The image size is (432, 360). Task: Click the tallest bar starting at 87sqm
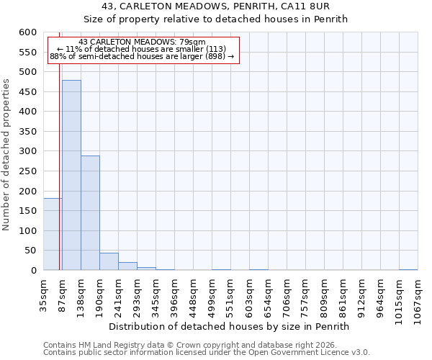pos(71,175)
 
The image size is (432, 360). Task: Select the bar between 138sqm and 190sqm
pos(90,213)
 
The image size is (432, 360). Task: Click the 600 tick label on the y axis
pos(27,32)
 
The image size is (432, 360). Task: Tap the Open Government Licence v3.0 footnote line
pos(207,352)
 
